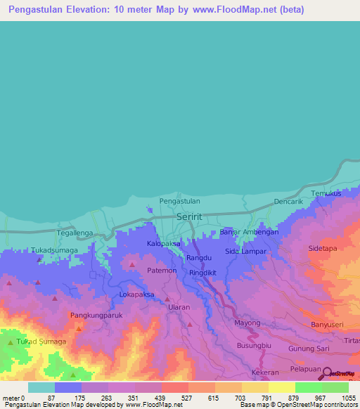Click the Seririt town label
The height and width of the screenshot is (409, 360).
coord(189,217)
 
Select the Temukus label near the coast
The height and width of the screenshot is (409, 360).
coord(326,193)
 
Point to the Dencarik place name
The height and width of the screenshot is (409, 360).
coord(288,201)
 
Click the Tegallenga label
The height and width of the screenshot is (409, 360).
coord(75,232)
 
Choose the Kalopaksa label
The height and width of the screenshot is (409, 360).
coord(164,244)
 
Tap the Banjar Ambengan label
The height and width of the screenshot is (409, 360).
coord(250,232)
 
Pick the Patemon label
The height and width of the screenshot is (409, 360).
coord(162,270)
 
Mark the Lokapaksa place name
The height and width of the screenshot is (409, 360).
coord(137,294)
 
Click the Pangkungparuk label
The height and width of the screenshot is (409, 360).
coord(98,316)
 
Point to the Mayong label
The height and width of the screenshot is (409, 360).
coord(247,323)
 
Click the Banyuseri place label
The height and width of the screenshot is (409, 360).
coord(327,325)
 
